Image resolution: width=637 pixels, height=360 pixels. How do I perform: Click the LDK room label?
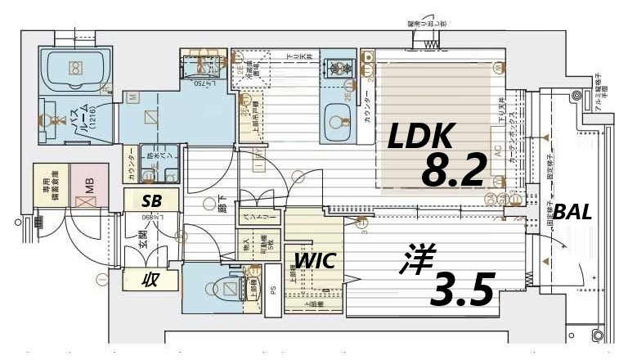tap(419, 137)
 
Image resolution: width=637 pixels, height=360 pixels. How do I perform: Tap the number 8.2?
tap(454, 169)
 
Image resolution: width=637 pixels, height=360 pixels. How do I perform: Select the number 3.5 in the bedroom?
tap(463, 287)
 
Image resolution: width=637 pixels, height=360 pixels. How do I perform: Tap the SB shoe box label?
tap(151, 200)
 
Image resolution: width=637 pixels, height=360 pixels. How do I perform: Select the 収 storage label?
tap(150, 280)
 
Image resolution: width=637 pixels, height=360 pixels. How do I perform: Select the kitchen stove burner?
tap(335, 68)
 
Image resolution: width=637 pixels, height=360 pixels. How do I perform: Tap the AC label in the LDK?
tap(497, 151)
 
